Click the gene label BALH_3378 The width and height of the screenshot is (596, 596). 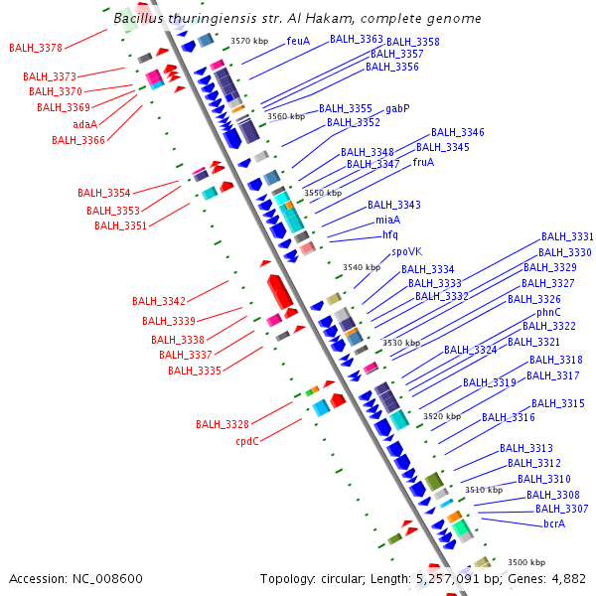[36, 48]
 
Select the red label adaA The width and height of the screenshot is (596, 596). [84, 124]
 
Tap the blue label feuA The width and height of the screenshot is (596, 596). [298, 41]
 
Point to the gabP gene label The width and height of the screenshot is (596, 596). [397, 108]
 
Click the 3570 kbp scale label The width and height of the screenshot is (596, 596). [248, 41]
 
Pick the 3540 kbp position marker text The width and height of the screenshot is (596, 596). [362, 267]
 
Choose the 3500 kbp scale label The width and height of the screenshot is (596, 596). [526, 562]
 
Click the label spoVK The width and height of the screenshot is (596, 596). [407, 251]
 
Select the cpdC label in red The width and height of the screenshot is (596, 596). [247, 441]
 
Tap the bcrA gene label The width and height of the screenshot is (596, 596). [554, 523]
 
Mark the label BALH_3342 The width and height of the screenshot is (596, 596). [159, 301]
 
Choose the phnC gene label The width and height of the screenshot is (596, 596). [548, 312]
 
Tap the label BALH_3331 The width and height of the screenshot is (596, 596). [566, 237]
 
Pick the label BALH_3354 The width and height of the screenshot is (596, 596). [104, 193]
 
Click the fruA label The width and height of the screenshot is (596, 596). [423, 162]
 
